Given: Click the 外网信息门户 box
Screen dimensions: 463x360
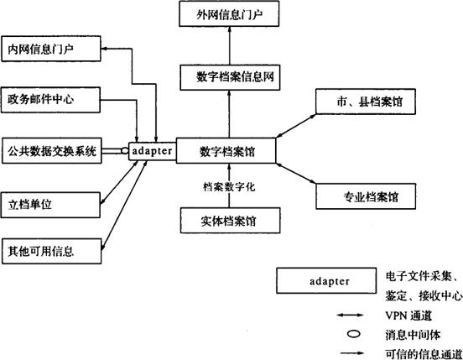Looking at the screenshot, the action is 229,14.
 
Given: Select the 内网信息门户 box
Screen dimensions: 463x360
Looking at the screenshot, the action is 51,49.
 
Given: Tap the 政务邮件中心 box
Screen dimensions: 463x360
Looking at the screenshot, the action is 51,100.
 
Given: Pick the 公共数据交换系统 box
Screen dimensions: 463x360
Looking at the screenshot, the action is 52,150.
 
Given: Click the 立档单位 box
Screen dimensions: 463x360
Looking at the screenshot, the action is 51,205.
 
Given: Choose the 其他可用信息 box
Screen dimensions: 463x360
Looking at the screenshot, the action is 52,251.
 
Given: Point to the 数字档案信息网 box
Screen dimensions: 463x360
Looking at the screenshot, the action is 230,77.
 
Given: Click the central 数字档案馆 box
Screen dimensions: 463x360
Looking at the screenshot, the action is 226,150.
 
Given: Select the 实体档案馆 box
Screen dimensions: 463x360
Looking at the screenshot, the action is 231,221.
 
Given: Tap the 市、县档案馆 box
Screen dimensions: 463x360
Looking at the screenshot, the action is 366,102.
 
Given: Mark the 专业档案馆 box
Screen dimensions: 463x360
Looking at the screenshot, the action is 366,196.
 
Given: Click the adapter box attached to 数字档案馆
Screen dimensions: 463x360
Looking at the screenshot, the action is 153,151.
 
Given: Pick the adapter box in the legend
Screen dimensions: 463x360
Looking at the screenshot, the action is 326,280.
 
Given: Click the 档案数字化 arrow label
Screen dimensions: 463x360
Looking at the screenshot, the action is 229,187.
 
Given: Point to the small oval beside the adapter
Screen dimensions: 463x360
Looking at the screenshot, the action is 125,150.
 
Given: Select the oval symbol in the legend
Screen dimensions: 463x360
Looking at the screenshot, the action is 354,334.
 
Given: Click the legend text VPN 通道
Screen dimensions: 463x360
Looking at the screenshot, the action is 408,316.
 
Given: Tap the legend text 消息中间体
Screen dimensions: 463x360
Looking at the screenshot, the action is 413,335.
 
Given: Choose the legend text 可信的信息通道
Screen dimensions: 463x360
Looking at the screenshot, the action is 424,354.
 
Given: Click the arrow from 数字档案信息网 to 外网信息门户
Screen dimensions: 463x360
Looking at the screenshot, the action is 230,45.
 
